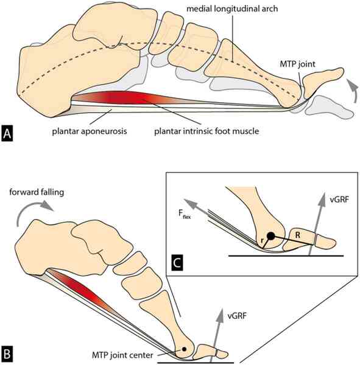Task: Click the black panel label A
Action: tap(7, 133)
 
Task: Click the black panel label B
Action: tap(7, 354)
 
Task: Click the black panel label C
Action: tap(177, 263)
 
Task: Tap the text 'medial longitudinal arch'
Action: tap(232, 9)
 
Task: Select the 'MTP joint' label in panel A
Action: tap(297, 64)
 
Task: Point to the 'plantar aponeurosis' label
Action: tap(90, 131)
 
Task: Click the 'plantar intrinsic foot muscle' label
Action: tap(206, 131)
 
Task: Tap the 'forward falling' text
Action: tap(37, 192)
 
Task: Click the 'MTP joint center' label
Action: tap(122, 355)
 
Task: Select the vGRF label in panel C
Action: tap(339, 200)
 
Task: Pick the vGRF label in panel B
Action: tap(237, 316)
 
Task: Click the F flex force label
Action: tap(185, 214)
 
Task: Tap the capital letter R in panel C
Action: tap(297, 235)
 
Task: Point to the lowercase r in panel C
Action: tap(262, 240)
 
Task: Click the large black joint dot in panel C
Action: tap(270, 236)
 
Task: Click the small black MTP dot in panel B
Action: tap(184, 349)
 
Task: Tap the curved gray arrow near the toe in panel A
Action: tap(353, 89)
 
